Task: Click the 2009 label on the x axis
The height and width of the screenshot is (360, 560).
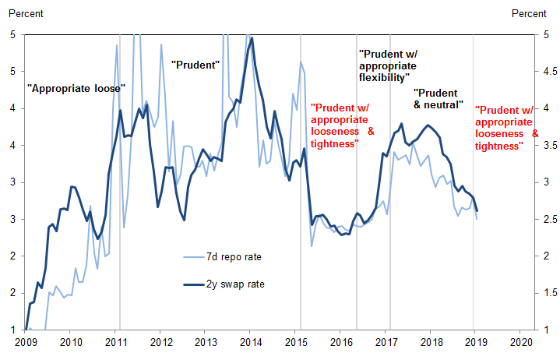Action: pyautogui.click(x=26, y=342)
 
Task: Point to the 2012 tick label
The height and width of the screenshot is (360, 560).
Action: pyautogui.click(x=161, y=342)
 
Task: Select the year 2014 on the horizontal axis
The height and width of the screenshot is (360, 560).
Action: pyautogui.click(x=251, y=342)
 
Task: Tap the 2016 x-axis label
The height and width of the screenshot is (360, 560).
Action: pyautogui.click(x=341, y=342)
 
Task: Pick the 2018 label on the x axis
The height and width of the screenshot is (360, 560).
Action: pyautogui.click(x=431, y=342)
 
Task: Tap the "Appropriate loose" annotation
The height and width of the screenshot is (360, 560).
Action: pyautogui.click(x=76, y=89)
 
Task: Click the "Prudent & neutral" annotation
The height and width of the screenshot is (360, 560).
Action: pyautogui.click(x=438, y=98)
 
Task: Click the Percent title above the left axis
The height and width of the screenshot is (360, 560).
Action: pyautogui.click(x=25, y=12)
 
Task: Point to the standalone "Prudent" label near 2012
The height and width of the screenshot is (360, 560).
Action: pyautogui.click(x=195, y=63)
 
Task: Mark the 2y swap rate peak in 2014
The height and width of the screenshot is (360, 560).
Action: pyautogui.click(x=252, y=38)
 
